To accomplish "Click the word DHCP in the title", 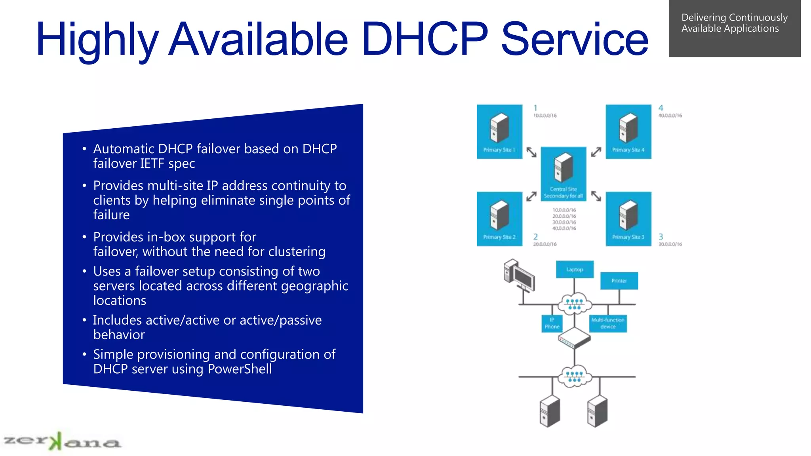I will (x=425, y=39).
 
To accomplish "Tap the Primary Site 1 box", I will (x=499, y=131).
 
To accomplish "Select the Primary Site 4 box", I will (x=628, y=131).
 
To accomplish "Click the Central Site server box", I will (x=563, y=173).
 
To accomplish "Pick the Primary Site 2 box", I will (x=499, y=218).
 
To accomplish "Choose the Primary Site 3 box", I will (x=628, y=218).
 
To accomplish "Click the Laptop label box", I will (x=575, y=270).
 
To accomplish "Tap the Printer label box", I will (x=619, y=281).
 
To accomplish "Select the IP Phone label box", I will (x=552, y=323).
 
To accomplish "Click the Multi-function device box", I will (x=608, y=323).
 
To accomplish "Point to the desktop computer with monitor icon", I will (x=519, y=276).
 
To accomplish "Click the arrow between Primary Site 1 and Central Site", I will (x=531, y=152).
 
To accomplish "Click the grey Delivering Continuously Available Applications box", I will (x=735, y=28).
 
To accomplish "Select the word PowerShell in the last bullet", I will (x=240, y=369).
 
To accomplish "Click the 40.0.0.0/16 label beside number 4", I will (x=670, y=116).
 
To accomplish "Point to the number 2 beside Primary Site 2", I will (x=535, y=237).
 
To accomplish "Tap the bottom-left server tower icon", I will (x=550, y=411).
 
